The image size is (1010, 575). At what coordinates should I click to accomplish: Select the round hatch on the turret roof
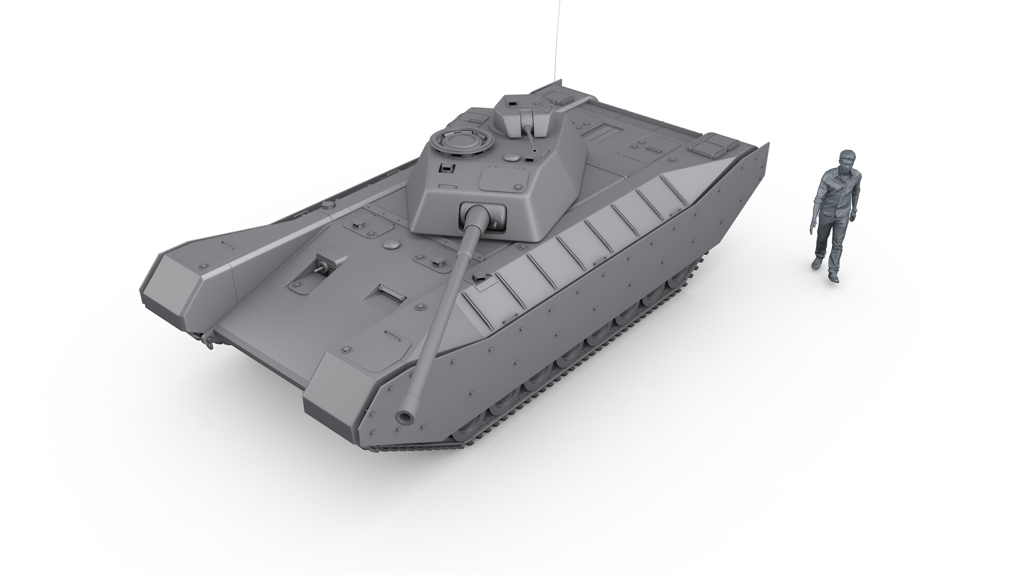[455, 143]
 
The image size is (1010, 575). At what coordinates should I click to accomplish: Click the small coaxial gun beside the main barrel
[496, 223]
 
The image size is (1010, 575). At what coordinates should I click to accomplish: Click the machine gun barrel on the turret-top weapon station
[531, 139]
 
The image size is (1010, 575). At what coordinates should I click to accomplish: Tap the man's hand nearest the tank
[813, 228]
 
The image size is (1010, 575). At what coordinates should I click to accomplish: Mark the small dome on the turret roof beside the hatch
[511, 156]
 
